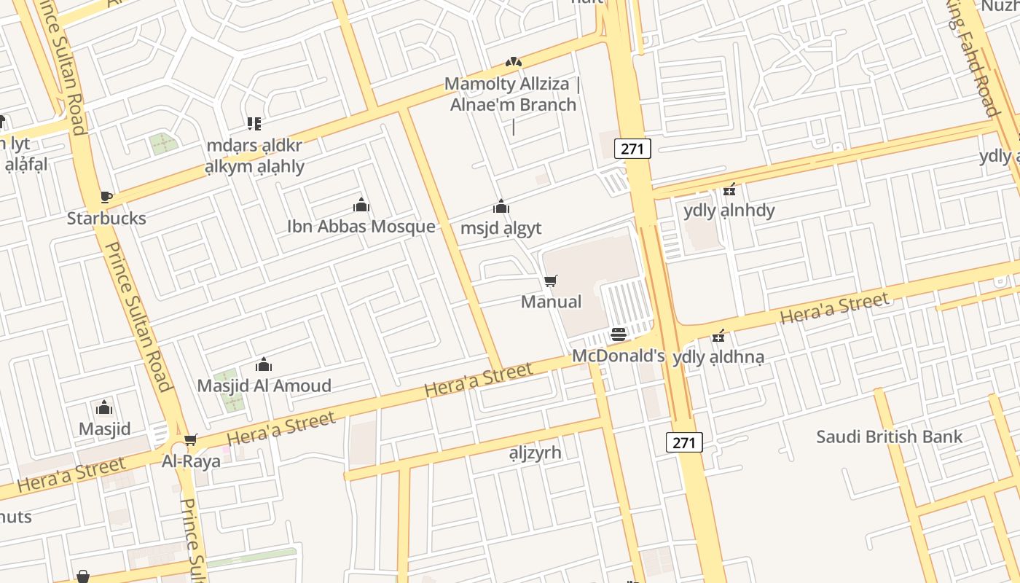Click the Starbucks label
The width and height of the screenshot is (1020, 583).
click(x=106, y=218)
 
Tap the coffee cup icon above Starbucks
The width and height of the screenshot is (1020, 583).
click(x=106, y=197)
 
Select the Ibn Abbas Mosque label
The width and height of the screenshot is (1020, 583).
click(x=361, y=226)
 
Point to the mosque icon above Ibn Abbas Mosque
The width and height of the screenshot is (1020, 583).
click(x=361, y=205)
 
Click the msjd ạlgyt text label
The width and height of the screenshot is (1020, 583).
click(x=501, y=228)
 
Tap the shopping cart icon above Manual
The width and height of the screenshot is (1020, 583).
click(x=551, y=281)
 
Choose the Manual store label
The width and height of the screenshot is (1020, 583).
click(x=552, y=302)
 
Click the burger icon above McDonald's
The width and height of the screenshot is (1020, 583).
click(x=619, y=334)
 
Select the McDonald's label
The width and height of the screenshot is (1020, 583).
click(x=619, y=356)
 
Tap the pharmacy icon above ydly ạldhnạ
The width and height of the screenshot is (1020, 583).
click(x=719, y=336)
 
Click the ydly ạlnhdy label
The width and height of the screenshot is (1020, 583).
click(x=729, y=211)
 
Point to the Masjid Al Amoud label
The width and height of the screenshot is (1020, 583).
click(x=264, y=386)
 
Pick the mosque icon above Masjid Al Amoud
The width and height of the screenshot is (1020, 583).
click(x=264, y=364)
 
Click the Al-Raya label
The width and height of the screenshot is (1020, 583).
click(x=191, y=461)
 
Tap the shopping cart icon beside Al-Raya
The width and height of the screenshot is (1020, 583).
click(x=191, y=439)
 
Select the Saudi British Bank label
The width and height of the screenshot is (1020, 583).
click(x=890, y=437)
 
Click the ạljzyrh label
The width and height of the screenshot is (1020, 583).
click(x=535, y=453)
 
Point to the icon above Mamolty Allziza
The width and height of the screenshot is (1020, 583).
click(x=514, y=63)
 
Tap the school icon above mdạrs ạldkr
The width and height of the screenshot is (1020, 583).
click(x=254, y=124)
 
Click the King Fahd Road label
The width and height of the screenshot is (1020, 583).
click(x=973, y=58)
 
